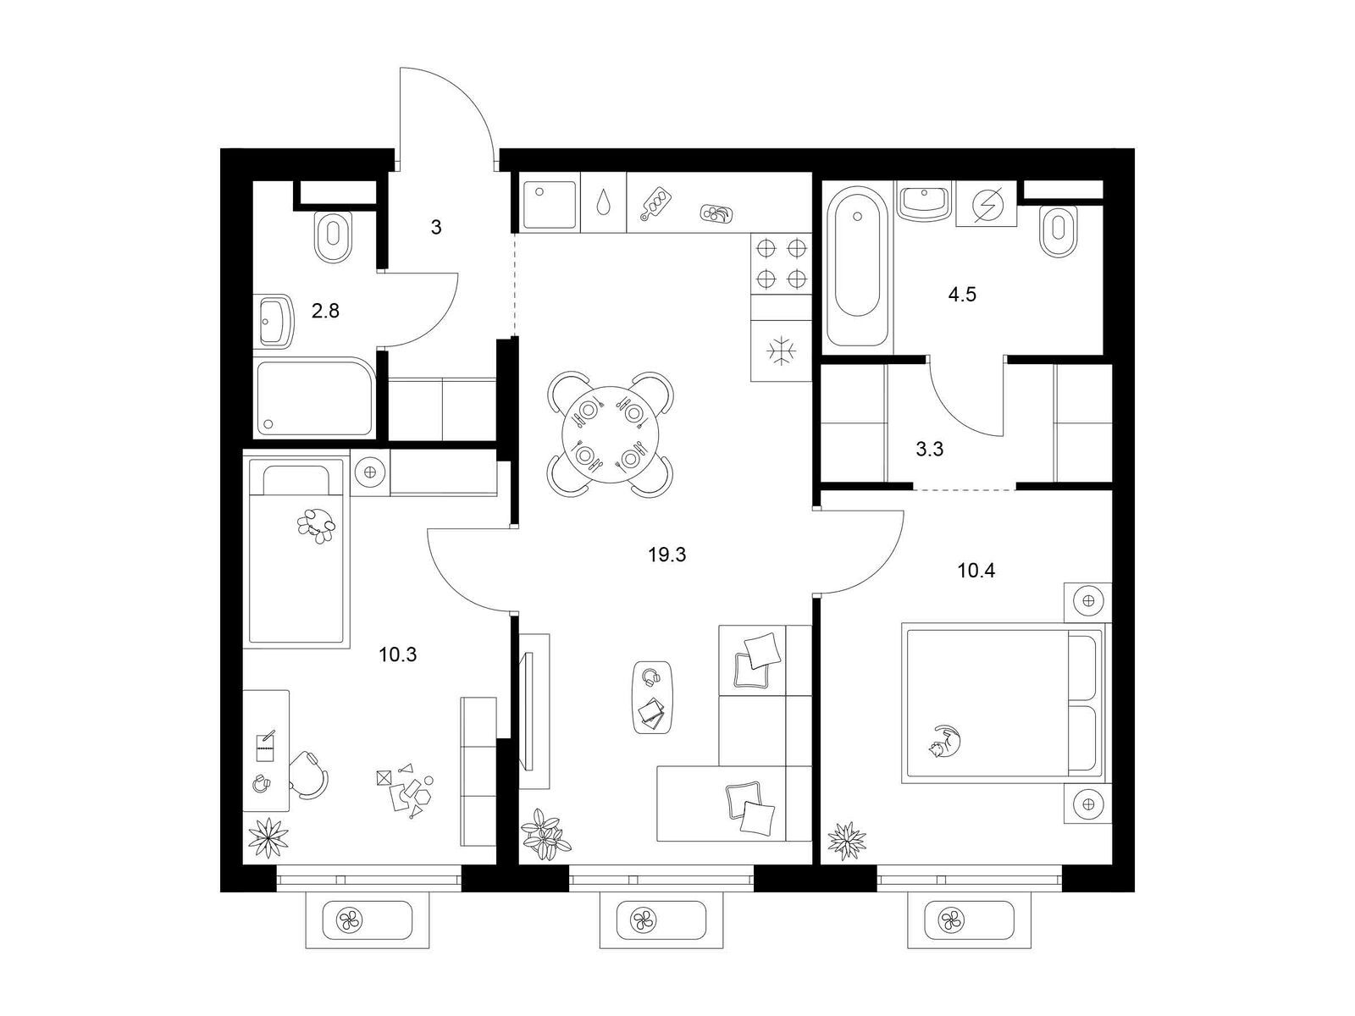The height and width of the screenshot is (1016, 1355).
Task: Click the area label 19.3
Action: coord(666,555)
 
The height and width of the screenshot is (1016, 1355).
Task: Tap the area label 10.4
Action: coord(976,571)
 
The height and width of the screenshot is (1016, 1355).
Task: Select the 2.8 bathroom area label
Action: coord(325,311)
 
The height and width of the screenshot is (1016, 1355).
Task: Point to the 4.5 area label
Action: coord(962,295)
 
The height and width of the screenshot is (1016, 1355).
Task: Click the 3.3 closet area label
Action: coord(929,450)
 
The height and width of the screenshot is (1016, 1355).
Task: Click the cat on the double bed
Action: coord(946,741)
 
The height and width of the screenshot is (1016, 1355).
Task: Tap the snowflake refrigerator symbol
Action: coord(781,351)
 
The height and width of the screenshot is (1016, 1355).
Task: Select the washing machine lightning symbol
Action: coord(985,203)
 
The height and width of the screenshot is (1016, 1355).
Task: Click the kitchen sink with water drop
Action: coord(603,202)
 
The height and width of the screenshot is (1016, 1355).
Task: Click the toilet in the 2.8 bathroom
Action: coord(334,237)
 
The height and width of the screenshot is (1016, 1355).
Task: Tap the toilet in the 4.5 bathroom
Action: coord(1058,231)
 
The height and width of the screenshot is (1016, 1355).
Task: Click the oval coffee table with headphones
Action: coord(653,697)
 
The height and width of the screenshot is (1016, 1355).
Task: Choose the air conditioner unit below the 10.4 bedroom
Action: coord(969,921)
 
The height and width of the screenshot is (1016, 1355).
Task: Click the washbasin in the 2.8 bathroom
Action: coord(274,322)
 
